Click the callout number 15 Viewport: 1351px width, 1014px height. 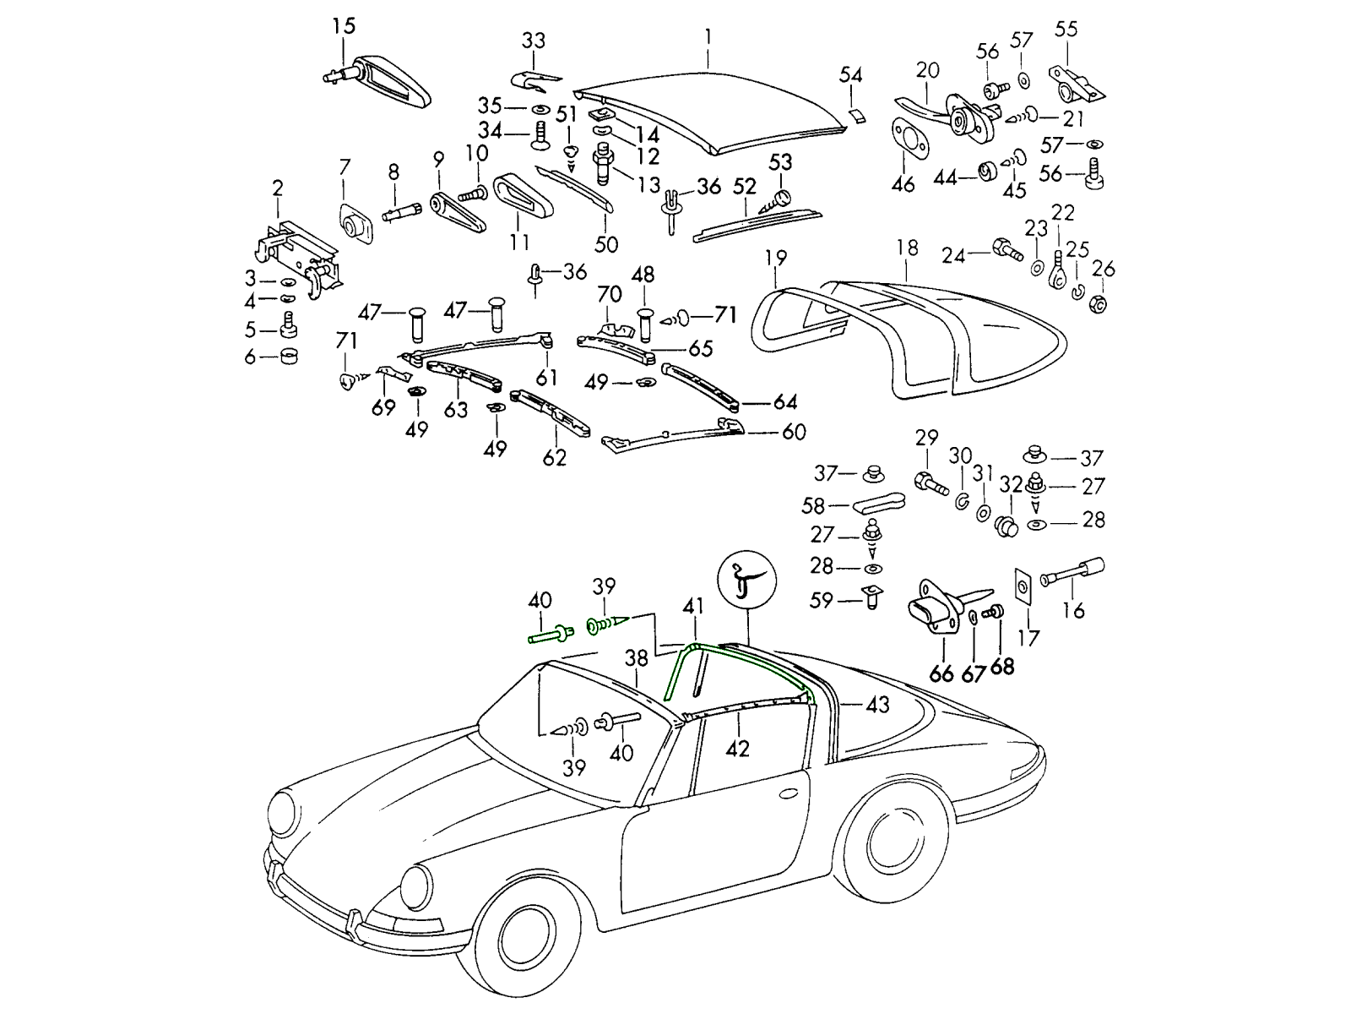pos(344,25)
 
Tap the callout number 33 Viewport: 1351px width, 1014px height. pos(533,41)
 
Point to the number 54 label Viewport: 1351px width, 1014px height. pos(850,75)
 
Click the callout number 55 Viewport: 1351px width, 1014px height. pos(1066,29)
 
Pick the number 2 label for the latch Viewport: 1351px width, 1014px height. pos(278,188)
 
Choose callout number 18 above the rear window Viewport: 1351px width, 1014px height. pos(907,248)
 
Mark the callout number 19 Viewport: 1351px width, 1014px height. pos(776,257)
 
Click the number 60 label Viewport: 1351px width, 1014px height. pos(794,433)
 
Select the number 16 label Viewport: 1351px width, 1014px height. pos(1073,609)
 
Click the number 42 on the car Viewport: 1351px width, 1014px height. pos(737,748)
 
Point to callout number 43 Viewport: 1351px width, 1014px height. pos(877,704)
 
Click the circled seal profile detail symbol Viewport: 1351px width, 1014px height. pos(746,581)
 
